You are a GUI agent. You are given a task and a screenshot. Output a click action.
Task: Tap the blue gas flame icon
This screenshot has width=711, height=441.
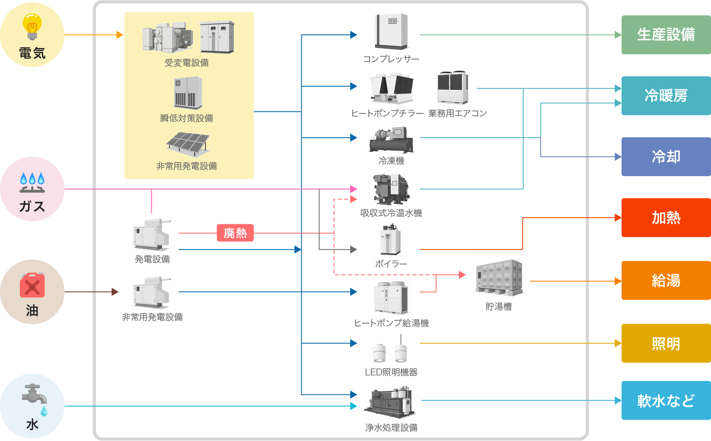32,182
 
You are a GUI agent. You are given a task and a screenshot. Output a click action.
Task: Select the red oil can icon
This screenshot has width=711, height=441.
32,285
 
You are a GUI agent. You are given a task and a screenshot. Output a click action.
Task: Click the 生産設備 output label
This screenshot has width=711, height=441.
666,34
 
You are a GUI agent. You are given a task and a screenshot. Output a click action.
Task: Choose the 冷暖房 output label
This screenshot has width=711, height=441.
666,96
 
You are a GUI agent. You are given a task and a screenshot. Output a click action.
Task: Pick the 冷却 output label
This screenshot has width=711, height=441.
666,157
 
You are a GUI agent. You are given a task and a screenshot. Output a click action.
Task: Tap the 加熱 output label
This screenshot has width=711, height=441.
666,218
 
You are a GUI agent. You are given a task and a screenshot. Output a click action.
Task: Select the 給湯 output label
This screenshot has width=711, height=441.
666,280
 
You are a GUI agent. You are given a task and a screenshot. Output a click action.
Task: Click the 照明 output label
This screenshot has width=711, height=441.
666,344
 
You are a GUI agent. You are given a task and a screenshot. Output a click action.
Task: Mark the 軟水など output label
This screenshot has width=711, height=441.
666,401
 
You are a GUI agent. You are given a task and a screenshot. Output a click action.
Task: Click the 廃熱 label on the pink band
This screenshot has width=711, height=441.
235,233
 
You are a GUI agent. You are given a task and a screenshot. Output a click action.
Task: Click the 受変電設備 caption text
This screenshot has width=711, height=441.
186,63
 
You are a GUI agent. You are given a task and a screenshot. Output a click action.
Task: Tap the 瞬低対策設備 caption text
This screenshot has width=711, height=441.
186,118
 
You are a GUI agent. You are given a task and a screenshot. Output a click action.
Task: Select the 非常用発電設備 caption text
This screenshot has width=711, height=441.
186,166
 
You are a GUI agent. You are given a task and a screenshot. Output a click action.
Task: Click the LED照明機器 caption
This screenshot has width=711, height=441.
391,372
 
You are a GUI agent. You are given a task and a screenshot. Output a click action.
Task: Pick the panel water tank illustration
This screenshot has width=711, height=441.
499,277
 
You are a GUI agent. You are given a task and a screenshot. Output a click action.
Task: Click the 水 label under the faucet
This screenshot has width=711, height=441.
32,424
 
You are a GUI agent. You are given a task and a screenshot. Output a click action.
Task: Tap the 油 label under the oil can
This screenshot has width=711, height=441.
32,311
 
